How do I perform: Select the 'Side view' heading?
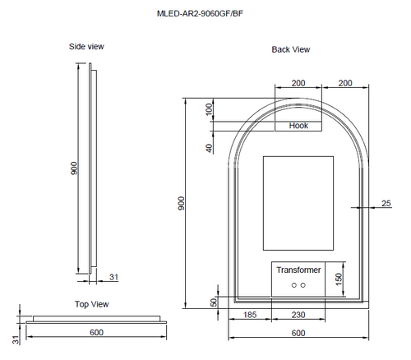click(86, 47)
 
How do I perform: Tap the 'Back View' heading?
click(290, 50)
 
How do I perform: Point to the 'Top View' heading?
click(91, 304)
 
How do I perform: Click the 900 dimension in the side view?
click(74, 168)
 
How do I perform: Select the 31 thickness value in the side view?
click(113, 277)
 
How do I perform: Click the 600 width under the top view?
click(98, 332)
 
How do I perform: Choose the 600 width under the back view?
click(298, 333)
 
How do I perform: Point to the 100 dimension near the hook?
click(209, 108)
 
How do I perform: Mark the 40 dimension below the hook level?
click(209, 149)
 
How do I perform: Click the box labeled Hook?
click(298, 126)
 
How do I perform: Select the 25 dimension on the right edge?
click(386, 203)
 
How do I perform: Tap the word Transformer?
click(298, 270)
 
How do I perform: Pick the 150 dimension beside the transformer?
click(338, 279)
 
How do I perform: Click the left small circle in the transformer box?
click(293, 285)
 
